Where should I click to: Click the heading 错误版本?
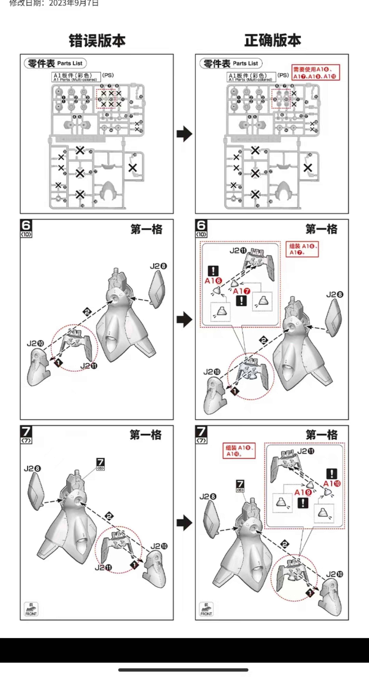(x=97, y=41)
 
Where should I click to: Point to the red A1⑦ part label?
(x=241, y=291)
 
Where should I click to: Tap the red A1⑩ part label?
(x=332, y=484)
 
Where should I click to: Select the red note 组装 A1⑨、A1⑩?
(x=239, y=451)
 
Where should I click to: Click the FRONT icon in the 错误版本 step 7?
(x=31, y=609)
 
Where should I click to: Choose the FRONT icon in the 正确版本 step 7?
(x=206, y=609)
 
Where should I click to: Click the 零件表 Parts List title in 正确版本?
(x=231, y=63)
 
